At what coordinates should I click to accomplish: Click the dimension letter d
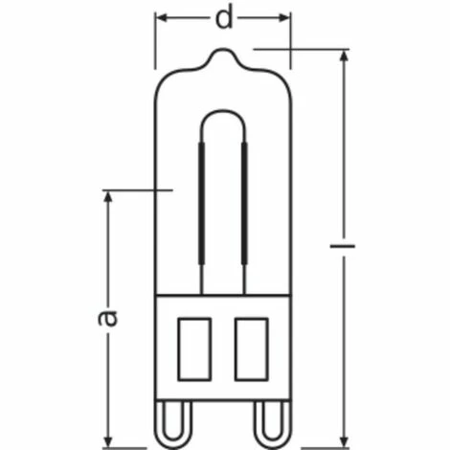(224, 19)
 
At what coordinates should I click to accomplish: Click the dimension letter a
(108, 316)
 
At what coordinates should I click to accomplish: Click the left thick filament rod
(200, 201)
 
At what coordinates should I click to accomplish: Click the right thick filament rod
(245, 201)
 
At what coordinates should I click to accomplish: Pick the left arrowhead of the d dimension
(161, 19)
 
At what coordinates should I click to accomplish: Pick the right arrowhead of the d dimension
(285, 19)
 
